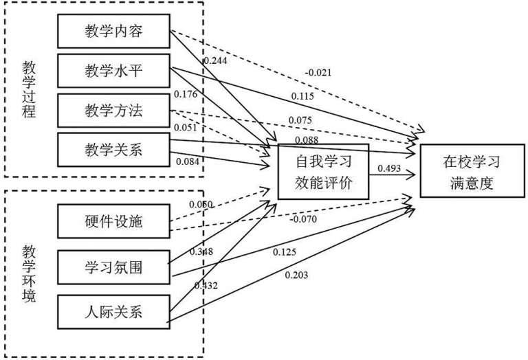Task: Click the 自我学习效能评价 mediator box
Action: point(323,172)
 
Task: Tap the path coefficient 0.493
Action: point(388,167)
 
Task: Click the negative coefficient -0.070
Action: point(303,219)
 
